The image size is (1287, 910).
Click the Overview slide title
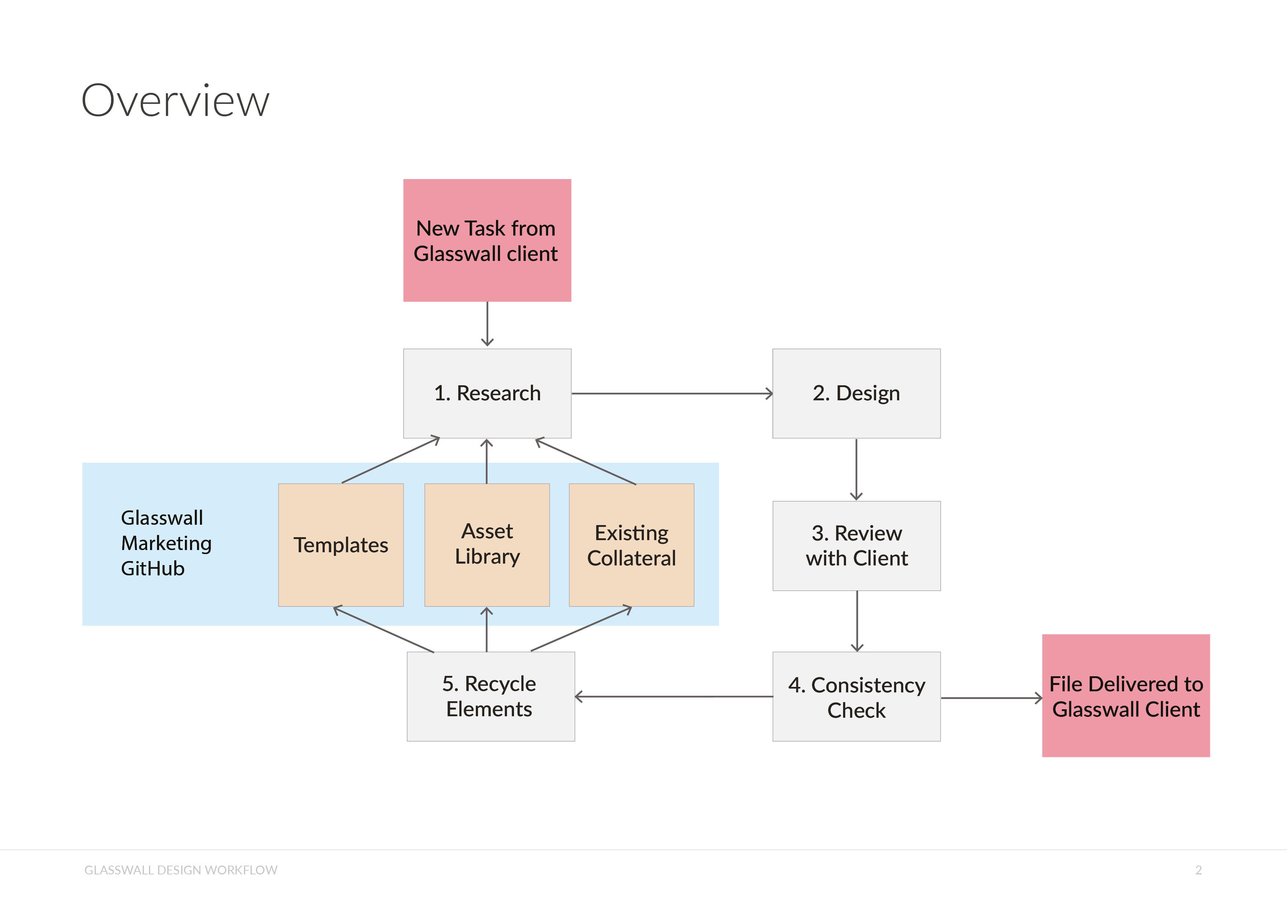point(175,101)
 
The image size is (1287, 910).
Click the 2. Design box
point(856,393)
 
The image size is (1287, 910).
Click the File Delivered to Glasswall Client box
point(1126,696)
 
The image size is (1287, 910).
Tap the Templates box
point(341,545)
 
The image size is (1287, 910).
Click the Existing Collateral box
point(631,545)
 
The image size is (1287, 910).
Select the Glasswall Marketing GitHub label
point(166,543)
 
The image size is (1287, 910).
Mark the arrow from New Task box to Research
point(487,324)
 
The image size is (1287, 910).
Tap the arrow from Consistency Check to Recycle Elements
point(672,696)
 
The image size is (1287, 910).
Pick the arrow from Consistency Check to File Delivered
point(991,698)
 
